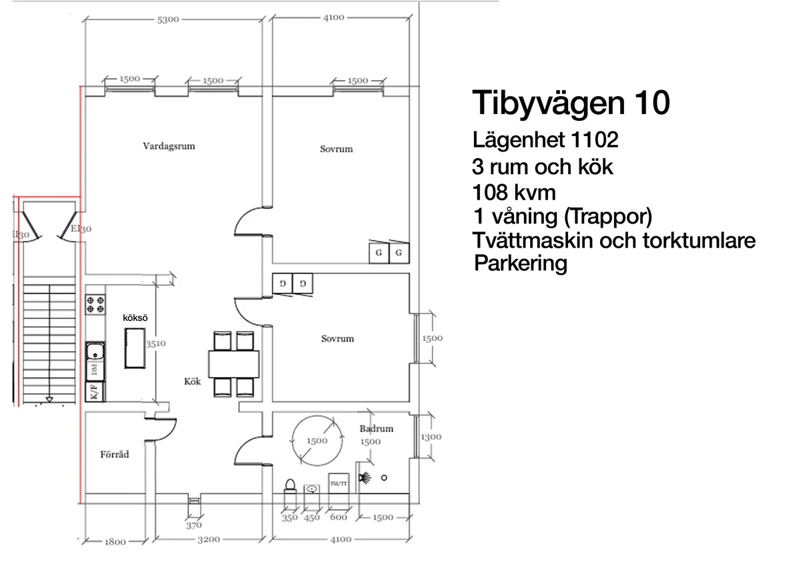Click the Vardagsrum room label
[x=169, y=146]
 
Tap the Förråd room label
[x=114, y=455]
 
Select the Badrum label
[x=376, y=429]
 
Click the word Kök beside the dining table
[x=192, y=382]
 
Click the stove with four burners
[x=95, y=304]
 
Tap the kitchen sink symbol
[x=95, y=351]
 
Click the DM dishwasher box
[x=95, y=370]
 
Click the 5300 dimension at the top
[x=168, y=19]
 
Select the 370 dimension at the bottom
[x=193, y=525]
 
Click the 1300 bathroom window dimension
[x=431, y=437]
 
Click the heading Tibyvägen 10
[x=571, y=103]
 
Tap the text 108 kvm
[x=514, y=193]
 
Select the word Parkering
[x=520, y=263]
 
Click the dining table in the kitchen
[x=234, y=364]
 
